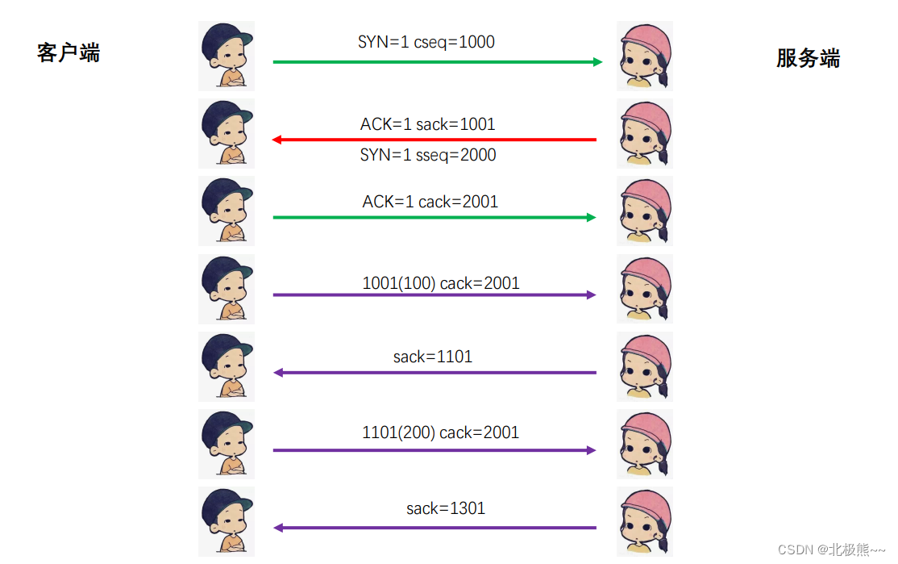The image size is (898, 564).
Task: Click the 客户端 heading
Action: click(69, 53)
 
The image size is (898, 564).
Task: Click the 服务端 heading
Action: click(808, 58)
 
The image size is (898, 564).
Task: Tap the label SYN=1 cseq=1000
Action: click(426, 42)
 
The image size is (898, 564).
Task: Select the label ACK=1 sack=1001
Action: click(427, 124)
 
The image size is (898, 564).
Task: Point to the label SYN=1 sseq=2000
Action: click(428, 155)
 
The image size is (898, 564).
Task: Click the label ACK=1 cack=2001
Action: click(430, 202)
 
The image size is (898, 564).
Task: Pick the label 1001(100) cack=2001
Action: click(441, 283)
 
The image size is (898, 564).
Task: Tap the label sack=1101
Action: click(433, 356)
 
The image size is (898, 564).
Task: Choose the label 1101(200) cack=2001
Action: click(441, 432)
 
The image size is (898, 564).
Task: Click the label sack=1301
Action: click(446, 508)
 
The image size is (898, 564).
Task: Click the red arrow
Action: click(435, 140)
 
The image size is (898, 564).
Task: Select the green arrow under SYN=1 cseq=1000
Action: click(438, 62)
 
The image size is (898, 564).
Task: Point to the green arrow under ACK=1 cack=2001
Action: click(434, 218)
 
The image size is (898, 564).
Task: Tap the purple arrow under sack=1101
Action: click(435, 373)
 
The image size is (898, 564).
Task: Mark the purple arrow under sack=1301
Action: click(435, 528)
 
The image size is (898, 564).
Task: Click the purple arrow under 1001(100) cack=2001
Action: click(434, 295)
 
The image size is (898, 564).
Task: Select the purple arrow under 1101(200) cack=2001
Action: click(434, 450)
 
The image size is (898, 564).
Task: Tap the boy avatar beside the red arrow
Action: click(227, 133)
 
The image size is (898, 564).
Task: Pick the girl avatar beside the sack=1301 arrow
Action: click(645, 521)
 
